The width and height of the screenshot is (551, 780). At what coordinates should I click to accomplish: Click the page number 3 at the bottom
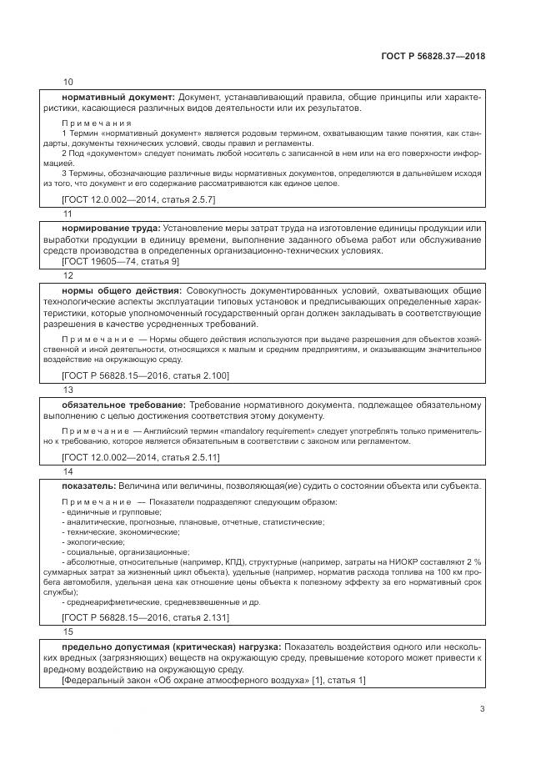482,709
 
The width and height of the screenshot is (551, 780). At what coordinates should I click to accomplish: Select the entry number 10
68,82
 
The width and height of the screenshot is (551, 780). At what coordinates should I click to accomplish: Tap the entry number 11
68,214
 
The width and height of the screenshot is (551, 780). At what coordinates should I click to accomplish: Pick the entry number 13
68,389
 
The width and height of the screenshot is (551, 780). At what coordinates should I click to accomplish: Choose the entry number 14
68,471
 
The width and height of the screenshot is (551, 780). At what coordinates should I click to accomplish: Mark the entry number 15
68,632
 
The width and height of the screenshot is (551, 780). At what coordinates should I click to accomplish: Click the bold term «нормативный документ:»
118,98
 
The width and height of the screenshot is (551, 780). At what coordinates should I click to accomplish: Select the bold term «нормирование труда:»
112,229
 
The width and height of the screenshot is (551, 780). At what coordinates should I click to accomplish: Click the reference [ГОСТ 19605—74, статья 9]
121,261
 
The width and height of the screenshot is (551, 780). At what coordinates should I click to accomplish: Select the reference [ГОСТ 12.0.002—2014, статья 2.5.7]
139,200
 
